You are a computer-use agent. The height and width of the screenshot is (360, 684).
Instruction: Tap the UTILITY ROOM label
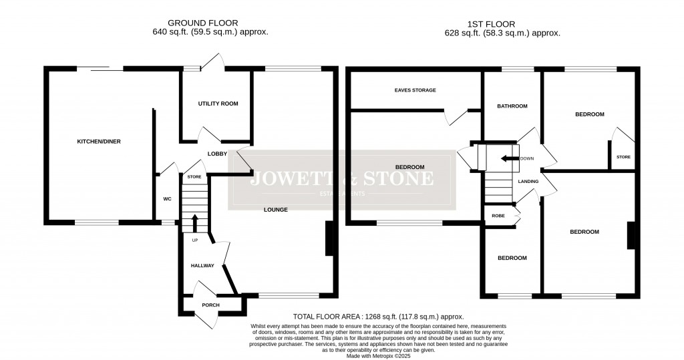(x=218, y=104)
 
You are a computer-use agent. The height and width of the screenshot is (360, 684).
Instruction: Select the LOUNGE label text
(x=275, y=210)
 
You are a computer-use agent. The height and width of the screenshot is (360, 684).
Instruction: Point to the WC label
(x=167, y=198)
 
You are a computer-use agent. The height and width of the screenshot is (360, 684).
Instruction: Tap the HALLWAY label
(x=202, y=266)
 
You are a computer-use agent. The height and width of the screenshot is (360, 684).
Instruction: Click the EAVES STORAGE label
(x=415, y=90)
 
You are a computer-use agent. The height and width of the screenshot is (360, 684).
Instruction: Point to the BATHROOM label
(x=512, y=106)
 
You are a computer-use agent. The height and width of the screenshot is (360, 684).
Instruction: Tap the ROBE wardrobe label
(x=498, y=216)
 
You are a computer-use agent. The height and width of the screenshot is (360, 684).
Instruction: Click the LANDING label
(x=528, y=181)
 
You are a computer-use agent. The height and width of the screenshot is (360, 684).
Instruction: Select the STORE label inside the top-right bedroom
(x=623, y=158)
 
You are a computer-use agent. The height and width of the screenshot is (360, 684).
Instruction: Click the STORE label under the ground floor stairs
(x=194, y=177)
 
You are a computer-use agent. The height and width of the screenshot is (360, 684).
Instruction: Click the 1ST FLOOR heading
(x=502, y=23)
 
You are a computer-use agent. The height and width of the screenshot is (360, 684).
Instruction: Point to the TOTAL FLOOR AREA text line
(x=378, y=317)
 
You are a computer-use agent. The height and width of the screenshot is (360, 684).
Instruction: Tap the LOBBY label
(x=217, y=154)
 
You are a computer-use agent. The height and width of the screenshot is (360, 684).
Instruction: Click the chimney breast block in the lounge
(x=329, y=238)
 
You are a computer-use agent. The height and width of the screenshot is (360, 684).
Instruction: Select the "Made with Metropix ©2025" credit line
(x=378, y=355)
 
